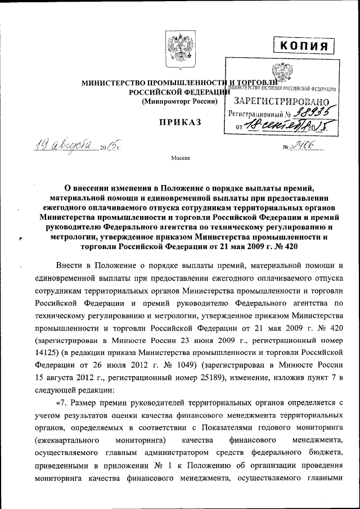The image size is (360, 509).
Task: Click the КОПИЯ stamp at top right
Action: pos(303,45)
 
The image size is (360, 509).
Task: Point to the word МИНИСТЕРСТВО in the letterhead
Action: pos(113,83)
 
